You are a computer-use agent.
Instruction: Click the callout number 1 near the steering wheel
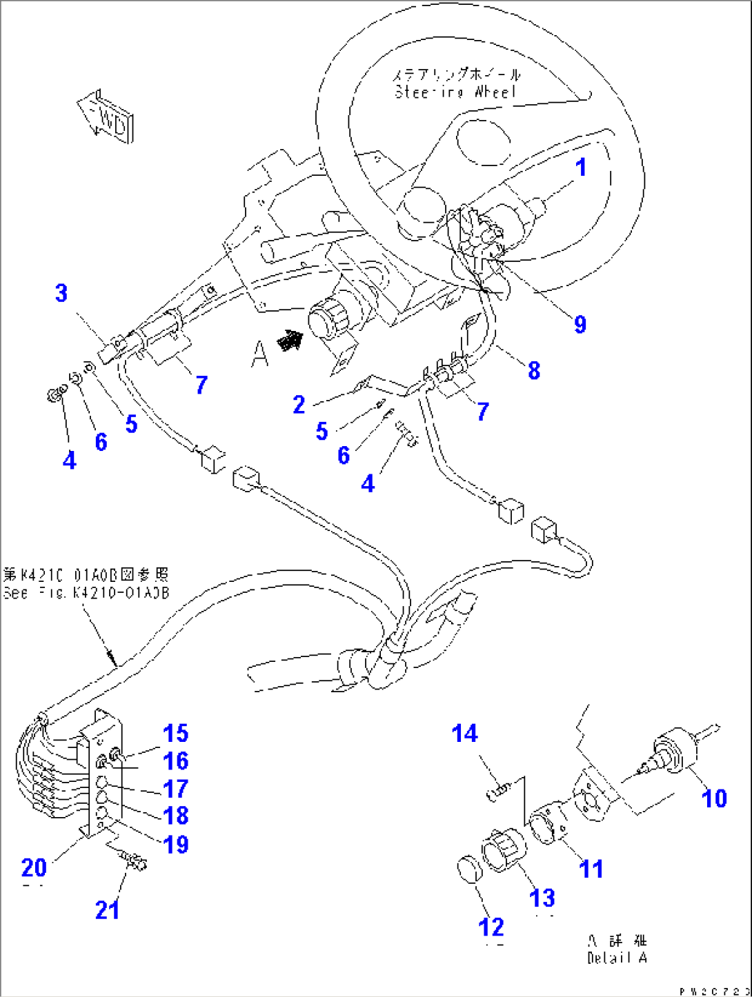coord(581,168)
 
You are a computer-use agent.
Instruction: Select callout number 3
coord(61,293)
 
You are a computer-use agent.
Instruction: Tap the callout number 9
coord(580,324)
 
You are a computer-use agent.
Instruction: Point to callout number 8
coord(534,370)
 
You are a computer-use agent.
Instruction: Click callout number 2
coord(299,405)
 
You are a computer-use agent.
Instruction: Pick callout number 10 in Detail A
coord(714,798)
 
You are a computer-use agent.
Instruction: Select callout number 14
coord(464,734)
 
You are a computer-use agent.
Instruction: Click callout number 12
coord(491,927)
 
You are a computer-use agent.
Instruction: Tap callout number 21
coord(107,910)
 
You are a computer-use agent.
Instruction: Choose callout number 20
coord(34,867)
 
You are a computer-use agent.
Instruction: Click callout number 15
coord(175,734)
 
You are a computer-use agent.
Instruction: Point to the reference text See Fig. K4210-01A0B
coord(86,593)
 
